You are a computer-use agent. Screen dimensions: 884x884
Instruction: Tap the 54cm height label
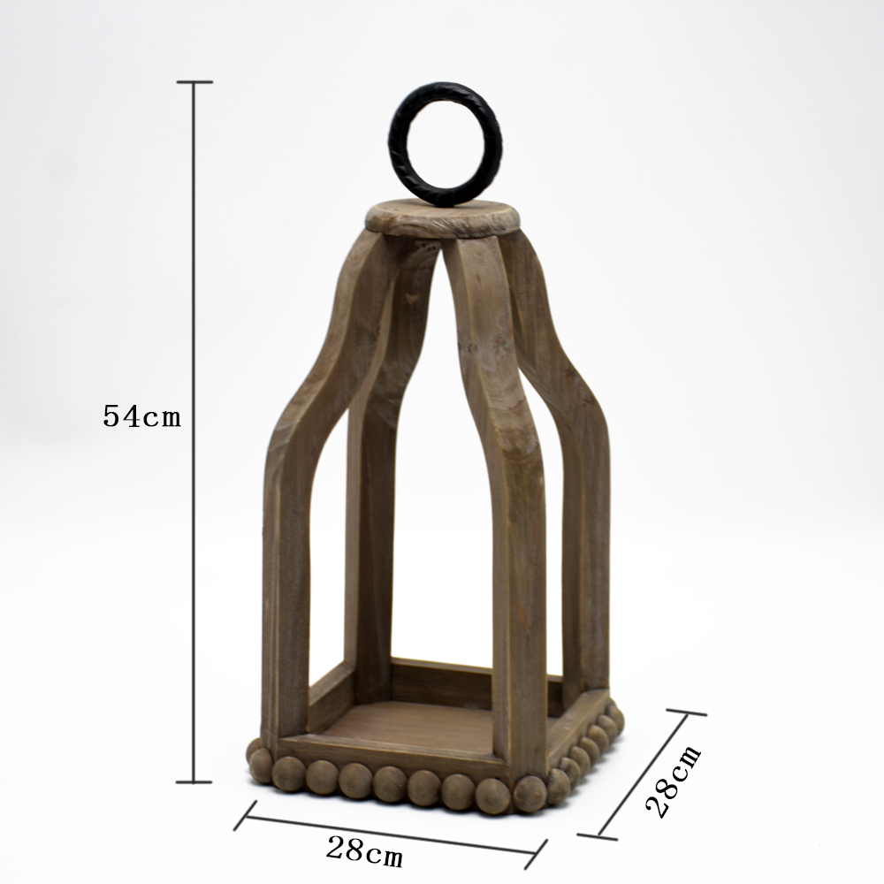(142, 416)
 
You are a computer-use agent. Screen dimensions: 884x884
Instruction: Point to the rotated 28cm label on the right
(673, 781)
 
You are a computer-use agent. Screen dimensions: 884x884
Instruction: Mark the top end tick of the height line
(194, 82)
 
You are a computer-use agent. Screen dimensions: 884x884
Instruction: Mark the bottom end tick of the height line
(194, 782)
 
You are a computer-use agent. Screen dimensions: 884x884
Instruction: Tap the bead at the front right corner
(530, 794)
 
